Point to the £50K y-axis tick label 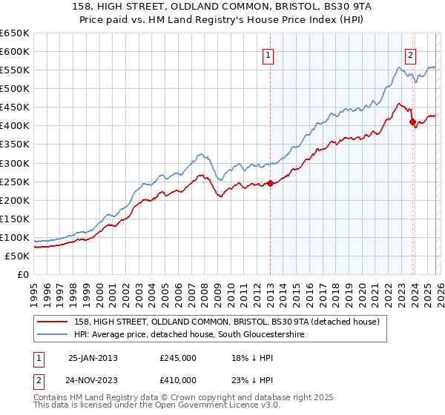pos(17,256)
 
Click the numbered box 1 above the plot pos(267,54)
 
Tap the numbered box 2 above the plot pos(409,54)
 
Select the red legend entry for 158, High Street pos(227,322)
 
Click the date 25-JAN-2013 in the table pos(93,357)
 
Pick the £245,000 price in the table pos(178,357)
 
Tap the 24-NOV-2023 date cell pos(93,379)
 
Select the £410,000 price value pos(178,379)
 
